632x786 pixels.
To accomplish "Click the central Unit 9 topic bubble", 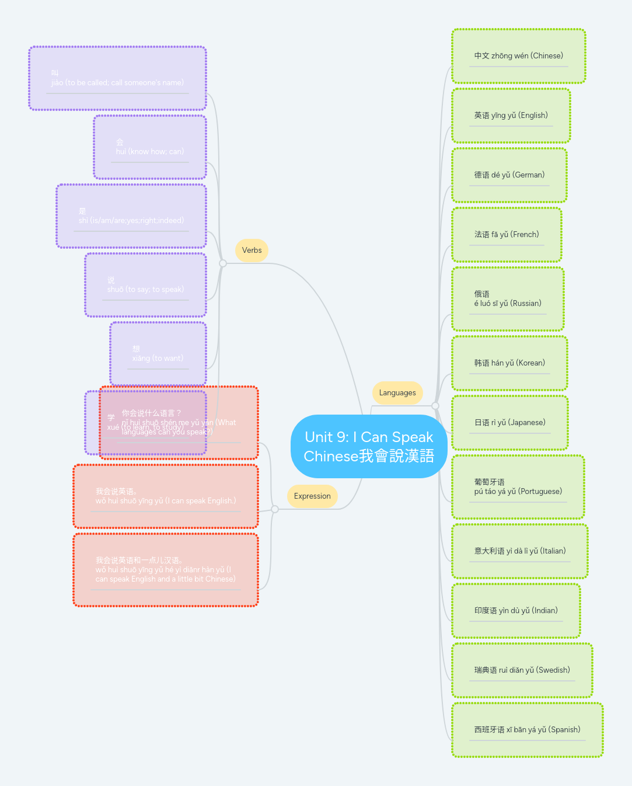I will tap(369, 447).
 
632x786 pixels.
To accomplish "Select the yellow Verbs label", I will tap(252, 251).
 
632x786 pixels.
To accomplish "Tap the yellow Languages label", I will tap(397, 393).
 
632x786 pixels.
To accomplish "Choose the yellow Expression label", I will tap(312, 496).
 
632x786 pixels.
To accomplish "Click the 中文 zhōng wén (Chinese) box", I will tap(518, 56).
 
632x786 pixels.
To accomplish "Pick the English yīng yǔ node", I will tap(511, 116).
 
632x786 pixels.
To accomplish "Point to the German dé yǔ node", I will tap(509, 175).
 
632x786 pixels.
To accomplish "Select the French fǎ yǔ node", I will tap(507, 235).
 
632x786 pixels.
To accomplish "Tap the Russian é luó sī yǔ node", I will tap(508, 299).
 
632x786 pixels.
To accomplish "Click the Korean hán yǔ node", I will tap(509, 363).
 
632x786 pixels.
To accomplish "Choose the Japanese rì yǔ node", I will tap(509, 423).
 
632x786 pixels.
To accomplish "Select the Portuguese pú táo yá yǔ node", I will tap(518, 487).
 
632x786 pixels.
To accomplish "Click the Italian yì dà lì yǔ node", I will tap(519, 551).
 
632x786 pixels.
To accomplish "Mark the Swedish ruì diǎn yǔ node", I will tap(522, 670).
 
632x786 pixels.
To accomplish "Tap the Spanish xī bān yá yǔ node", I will tap(527, 730).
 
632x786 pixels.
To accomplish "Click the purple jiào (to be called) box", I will tap(117, 78).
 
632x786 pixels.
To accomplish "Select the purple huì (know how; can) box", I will tap(150, 147).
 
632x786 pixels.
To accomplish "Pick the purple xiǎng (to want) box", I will tap(158, 354).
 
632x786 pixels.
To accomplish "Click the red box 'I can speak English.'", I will tap(166, 496).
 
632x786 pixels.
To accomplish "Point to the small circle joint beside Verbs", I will tap(223, 263).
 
